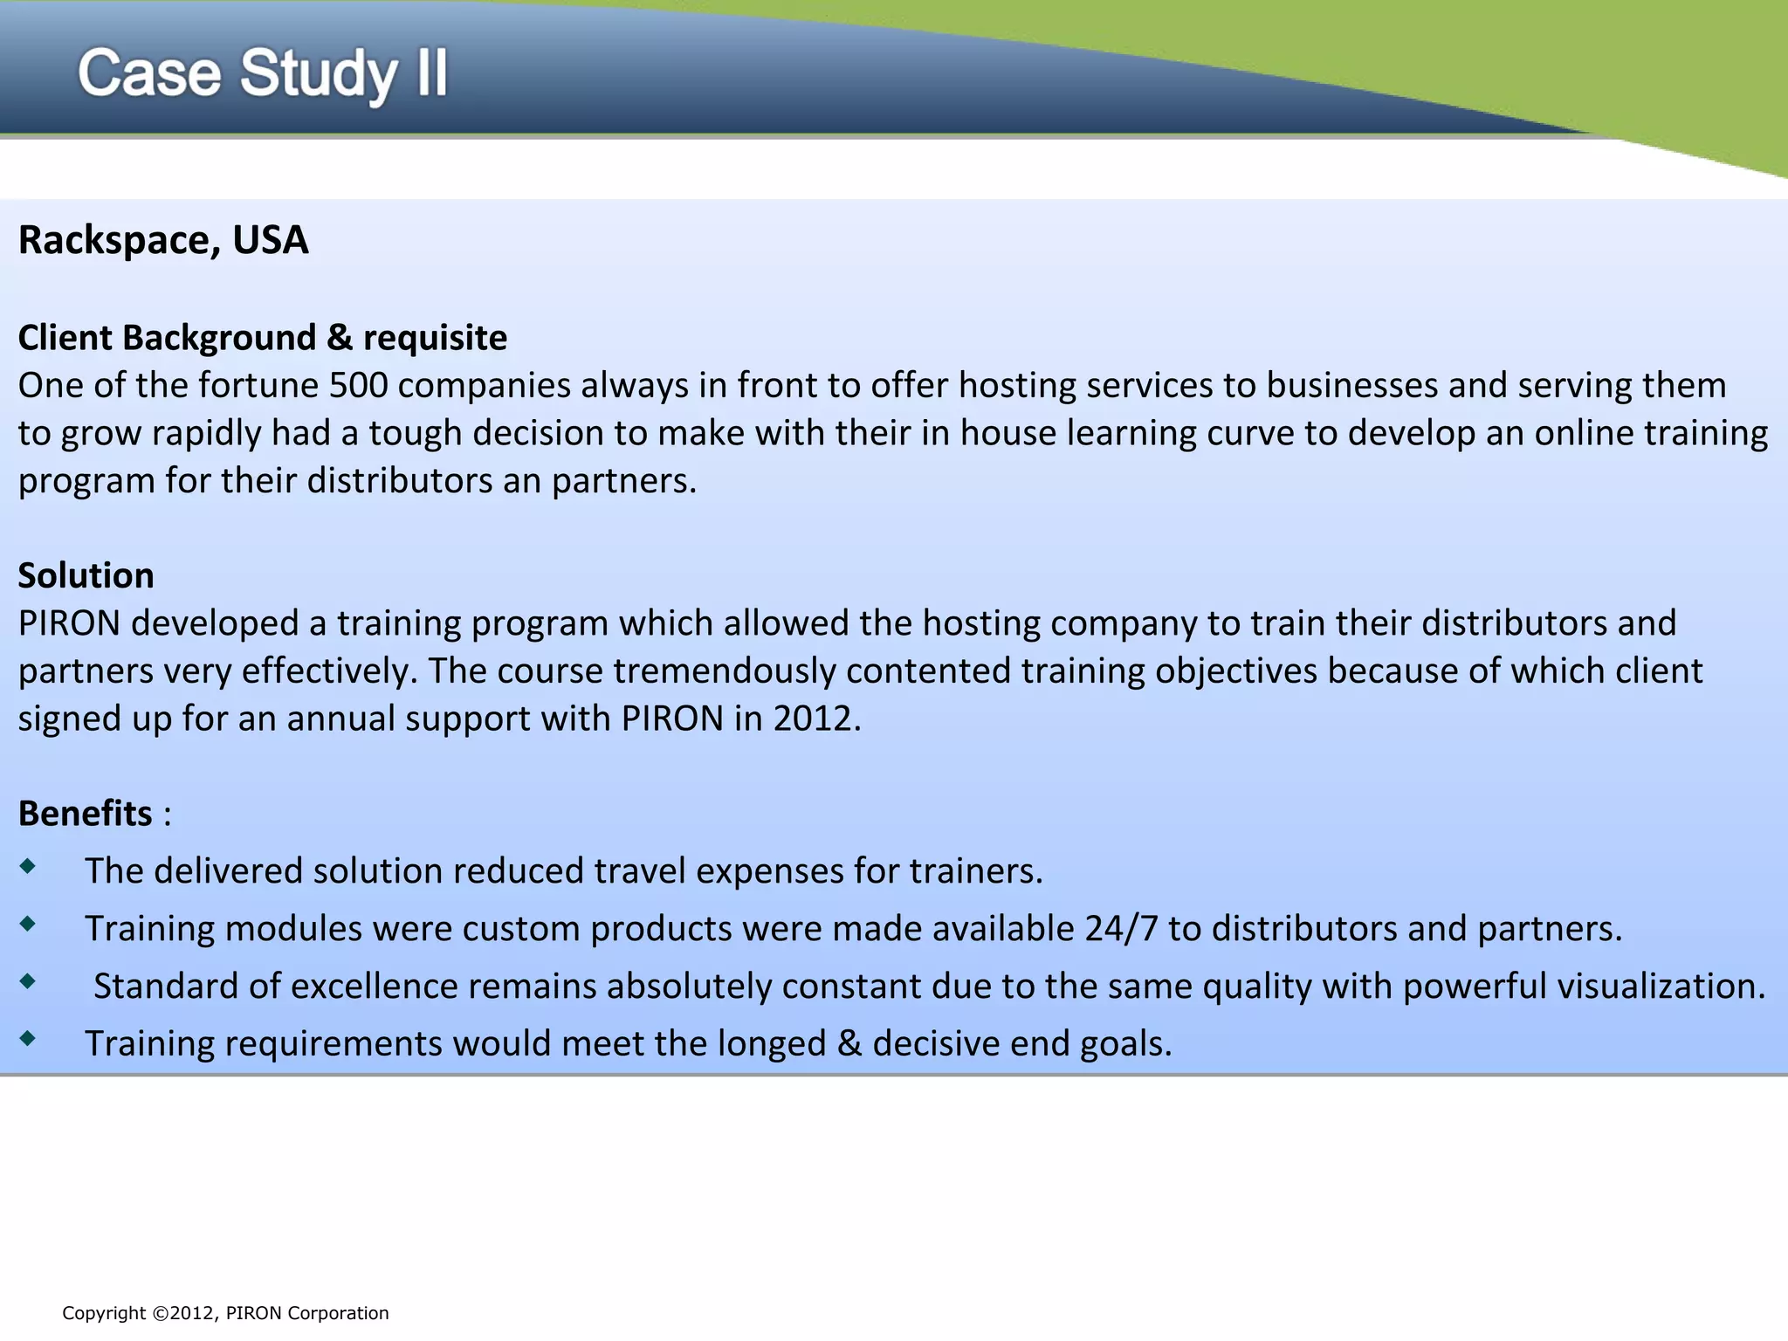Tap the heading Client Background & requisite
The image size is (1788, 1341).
(x=262, y=338)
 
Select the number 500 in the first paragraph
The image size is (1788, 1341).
(x=358, y=385)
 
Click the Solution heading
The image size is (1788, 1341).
(x=86, y=575)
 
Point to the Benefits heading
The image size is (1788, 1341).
(x=86, y=813)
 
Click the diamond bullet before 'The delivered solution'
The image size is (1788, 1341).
(x=29, y=866)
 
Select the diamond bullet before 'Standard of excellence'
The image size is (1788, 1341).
(x=29, y=981)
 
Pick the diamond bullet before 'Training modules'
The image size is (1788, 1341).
(x=29, y=924)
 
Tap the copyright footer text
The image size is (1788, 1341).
(x=225, y=1313)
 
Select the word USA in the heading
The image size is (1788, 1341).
(x=271, y=240)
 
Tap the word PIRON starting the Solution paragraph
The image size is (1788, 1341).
(x=69, y=623)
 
